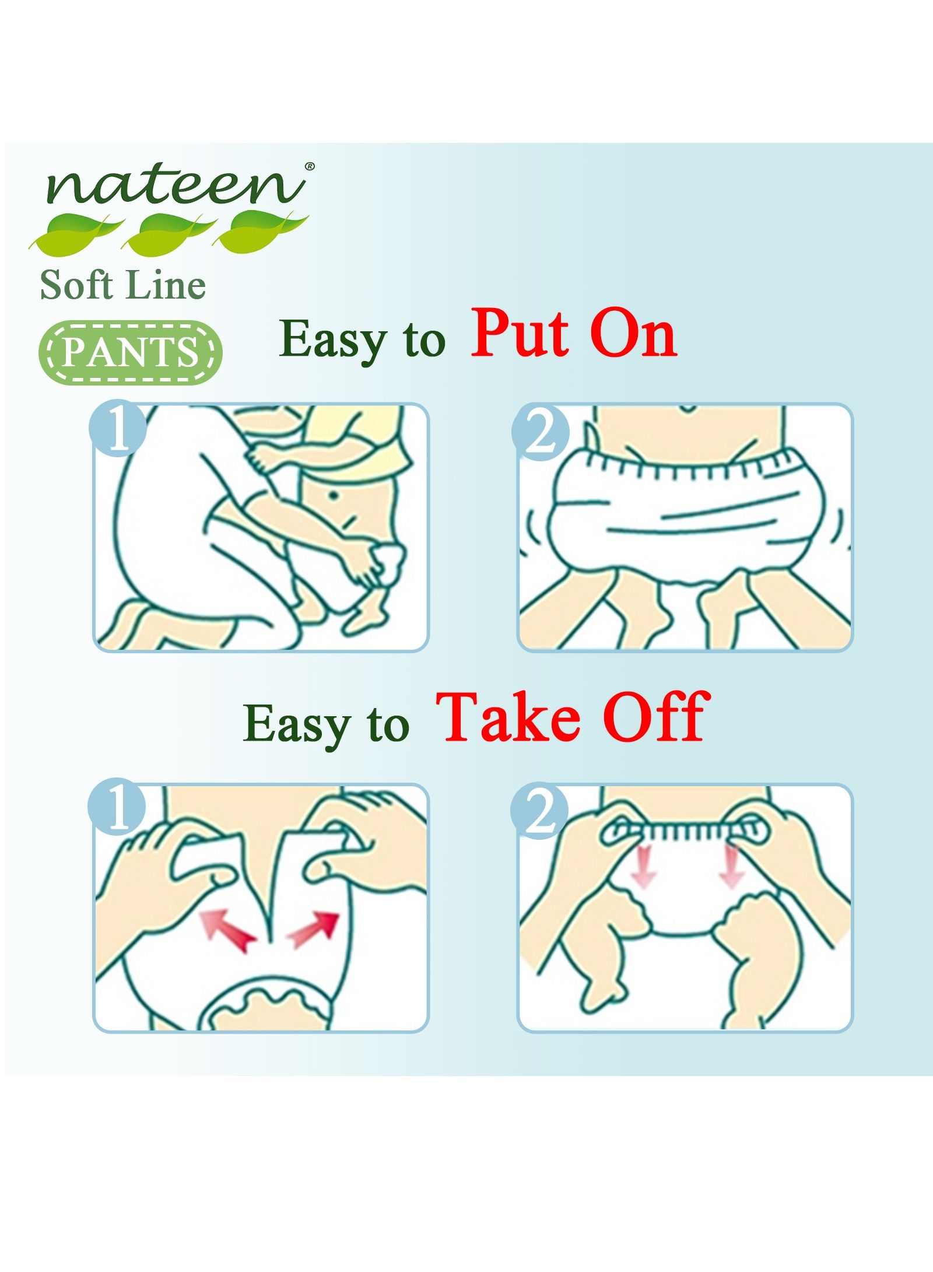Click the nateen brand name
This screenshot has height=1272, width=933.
[176, 186]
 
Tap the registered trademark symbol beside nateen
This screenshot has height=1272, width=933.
[310, 166]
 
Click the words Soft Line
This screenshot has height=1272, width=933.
[123, 286]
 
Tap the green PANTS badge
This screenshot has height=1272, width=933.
[131, 352]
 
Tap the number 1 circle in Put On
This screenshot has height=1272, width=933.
[117, 431]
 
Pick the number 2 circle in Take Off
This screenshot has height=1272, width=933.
[539, 811]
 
